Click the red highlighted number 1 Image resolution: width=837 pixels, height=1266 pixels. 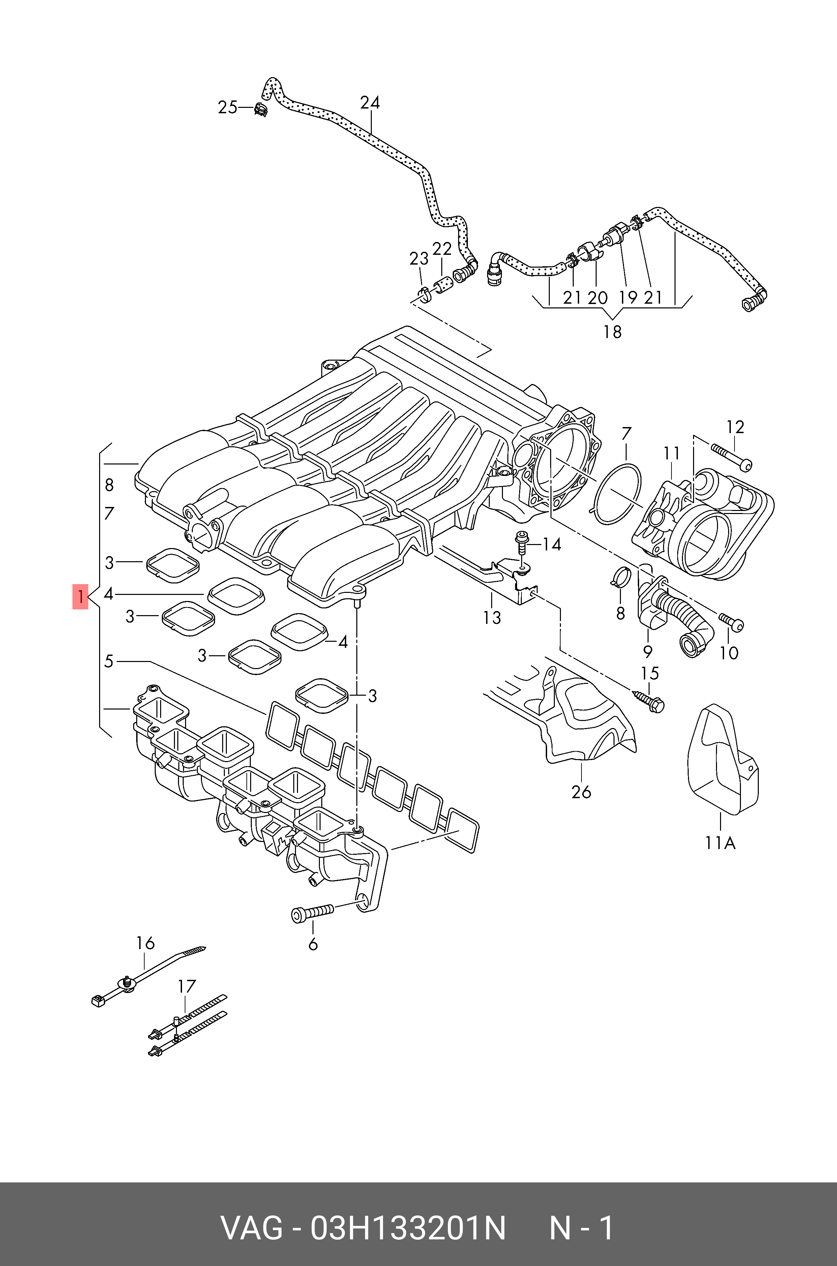[80, 597]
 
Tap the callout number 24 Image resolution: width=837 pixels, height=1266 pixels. [369, 102]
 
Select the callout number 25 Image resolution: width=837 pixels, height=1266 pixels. [228, 108]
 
